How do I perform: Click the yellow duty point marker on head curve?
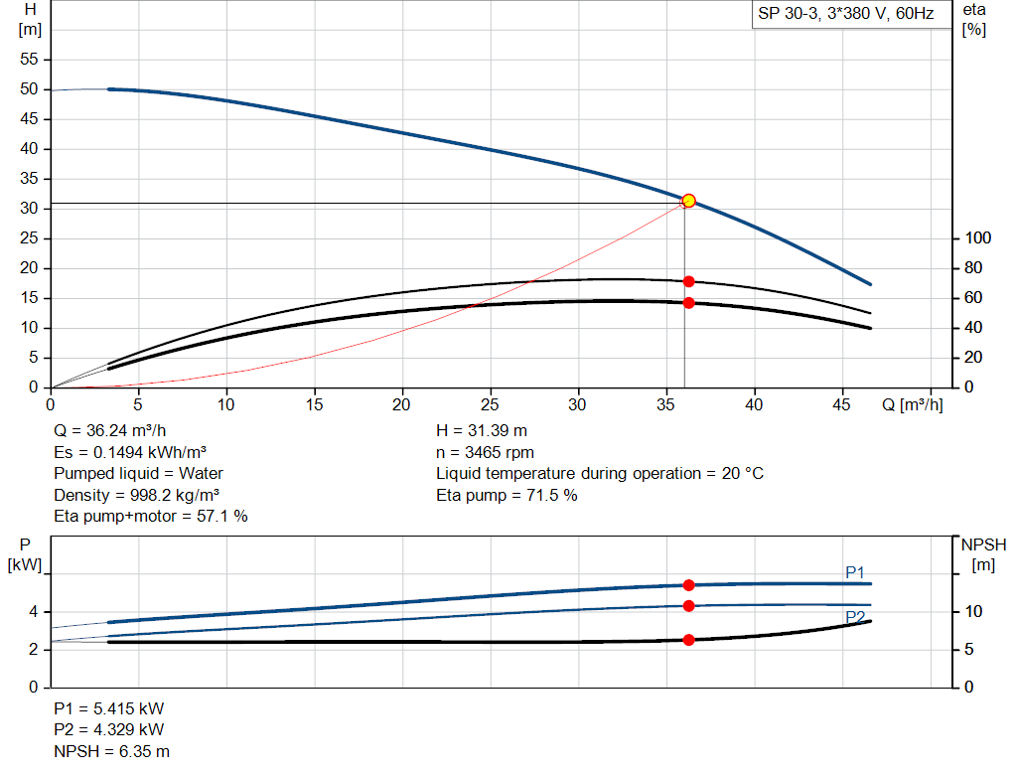pyautogui.click(x=688, y=201)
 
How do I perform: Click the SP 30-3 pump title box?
pyautogui.click(x=845, y=16)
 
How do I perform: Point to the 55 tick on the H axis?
pyautogui.click(x=29, y=60)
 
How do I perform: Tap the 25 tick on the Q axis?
pyautogui.click(x=490, y=404)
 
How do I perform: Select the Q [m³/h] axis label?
pyautogui.click(x=912, y=404)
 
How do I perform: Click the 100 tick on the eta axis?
pyautogui.click(x=977, y=238)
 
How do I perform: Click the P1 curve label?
pyautogui.click(x=855, y=572)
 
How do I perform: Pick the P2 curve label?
pyautogui.click(x=855, y=617)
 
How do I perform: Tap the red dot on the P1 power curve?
pyautogui.click(x=688, y=585)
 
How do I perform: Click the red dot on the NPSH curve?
pyautogui.click(x=688, y=640)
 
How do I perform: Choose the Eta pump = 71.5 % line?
pyautogui.click(x=507, y=495)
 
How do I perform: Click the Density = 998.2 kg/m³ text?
pyautogui.click(x=137, y=495)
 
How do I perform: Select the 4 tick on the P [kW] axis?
pyautogui.click(x=33, y=612)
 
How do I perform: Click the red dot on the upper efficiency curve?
pyautogui.click(x=688, y=281)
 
